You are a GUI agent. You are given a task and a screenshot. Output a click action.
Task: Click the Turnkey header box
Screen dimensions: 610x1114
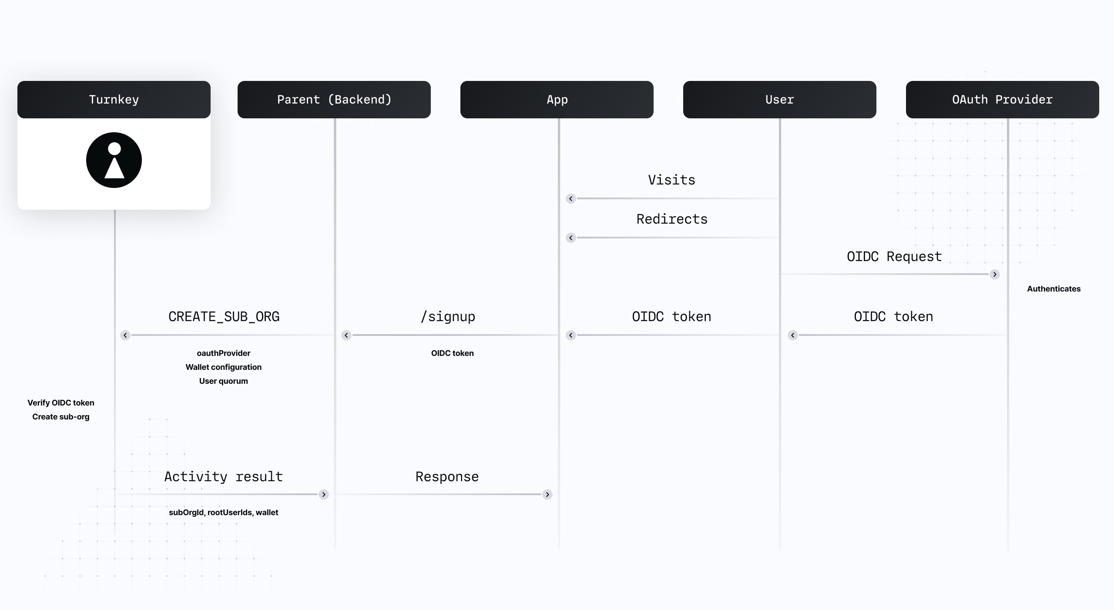pos(114,100)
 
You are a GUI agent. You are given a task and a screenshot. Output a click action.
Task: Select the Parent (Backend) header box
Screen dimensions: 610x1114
pos(334,100)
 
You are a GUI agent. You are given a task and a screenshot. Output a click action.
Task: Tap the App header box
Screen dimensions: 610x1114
pos(557,100)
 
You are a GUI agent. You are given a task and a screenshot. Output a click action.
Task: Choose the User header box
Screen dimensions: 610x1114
pos(779,100)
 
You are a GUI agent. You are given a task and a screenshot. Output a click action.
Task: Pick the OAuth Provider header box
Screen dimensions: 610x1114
pos(1002,100)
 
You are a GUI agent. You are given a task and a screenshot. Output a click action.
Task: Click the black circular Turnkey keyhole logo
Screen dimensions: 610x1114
pos(114,160)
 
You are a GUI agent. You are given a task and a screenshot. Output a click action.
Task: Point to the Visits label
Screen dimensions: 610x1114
pos(671,180)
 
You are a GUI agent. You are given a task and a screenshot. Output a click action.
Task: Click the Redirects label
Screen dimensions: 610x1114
pos(672,219)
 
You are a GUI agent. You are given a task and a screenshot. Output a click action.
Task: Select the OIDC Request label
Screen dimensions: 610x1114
pos(894,257)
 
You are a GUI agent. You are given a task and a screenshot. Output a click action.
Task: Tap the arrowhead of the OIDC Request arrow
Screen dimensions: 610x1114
pos(995,275)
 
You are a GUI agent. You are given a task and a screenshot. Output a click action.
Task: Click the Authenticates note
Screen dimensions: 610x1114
pos(1054,289)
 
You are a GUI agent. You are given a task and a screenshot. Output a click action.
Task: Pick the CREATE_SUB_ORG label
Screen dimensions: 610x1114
pos(224,317)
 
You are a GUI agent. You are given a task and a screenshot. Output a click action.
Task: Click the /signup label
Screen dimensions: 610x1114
pos(448,317)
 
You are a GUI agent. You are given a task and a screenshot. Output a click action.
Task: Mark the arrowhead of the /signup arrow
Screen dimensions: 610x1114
pos(346,335)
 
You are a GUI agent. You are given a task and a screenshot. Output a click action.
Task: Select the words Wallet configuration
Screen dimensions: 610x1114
pos(224,367)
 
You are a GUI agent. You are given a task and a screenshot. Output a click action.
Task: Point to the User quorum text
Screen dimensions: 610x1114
pos(224,381)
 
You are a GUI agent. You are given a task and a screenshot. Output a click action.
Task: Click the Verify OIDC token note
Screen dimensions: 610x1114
pos(61,403)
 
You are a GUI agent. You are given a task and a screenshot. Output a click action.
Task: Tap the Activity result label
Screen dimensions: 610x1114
pos(224,477)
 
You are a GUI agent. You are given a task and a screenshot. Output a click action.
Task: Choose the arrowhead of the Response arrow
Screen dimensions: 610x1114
pos(547,495)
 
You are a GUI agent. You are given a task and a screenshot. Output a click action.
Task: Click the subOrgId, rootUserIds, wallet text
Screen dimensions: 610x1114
pos(224,513)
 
